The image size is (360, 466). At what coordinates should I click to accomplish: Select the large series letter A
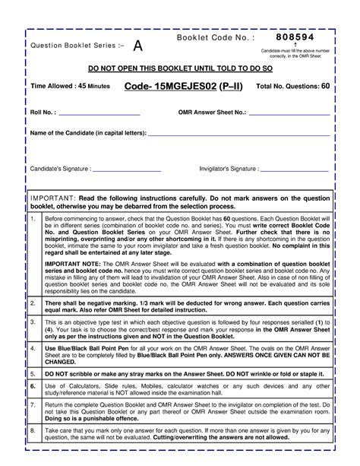pyautogui.click(x=137, y=46)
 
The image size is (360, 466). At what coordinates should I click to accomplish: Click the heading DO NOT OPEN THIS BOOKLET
pyautogui.click(x=180, y=68)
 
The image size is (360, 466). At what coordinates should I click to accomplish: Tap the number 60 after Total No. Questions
pyautogui.click(x=325, y=87)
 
